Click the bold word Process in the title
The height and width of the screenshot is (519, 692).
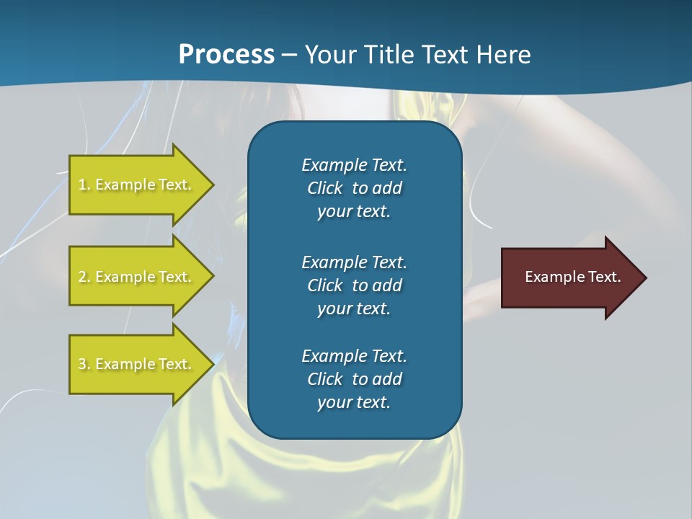tap(226, 55)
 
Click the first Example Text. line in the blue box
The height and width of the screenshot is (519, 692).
tap(354, 165)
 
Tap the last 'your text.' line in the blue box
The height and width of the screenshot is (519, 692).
tap(354, 402)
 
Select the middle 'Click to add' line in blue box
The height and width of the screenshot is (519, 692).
tap(354, 285)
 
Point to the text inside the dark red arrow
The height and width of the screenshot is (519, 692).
tap(572, 277)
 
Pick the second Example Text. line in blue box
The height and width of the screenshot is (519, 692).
tap(354, 262)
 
